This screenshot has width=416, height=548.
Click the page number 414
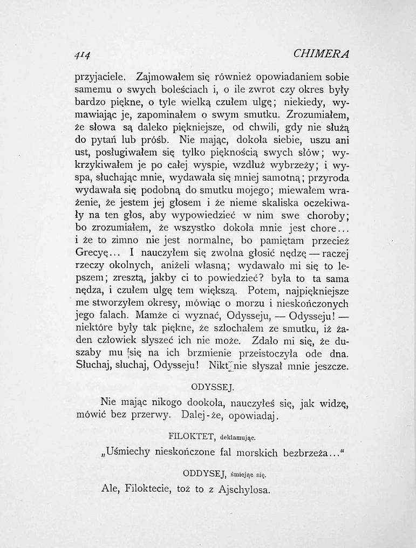pyautogui.click(x=81, y=54)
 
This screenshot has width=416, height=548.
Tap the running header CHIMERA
pyautogui.click(x=322, y=54)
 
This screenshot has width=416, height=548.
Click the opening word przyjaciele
pyautogui.click(x=102, y=77)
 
